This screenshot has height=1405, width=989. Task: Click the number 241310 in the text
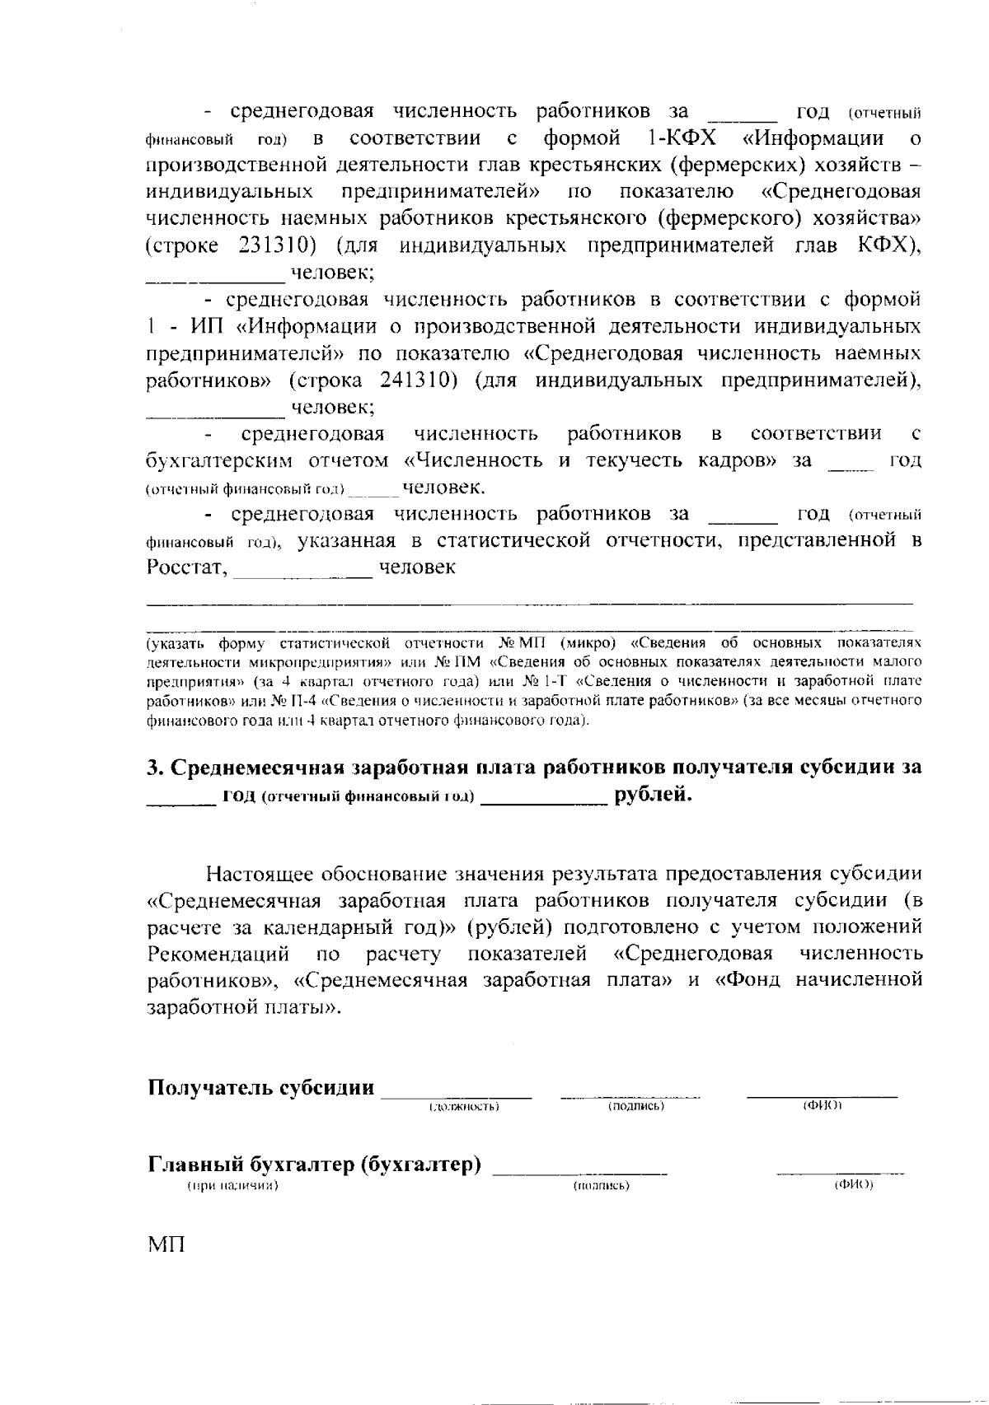click(420, 380)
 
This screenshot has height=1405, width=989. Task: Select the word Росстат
click(186, 568)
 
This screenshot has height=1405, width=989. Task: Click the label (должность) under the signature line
click(464, 1108)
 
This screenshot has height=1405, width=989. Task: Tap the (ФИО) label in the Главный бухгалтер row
click(853, 1185)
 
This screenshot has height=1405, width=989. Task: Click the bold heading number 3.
click(153, 768)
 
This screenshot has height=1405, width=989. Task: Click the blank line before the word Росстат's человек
click(302, 576)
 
